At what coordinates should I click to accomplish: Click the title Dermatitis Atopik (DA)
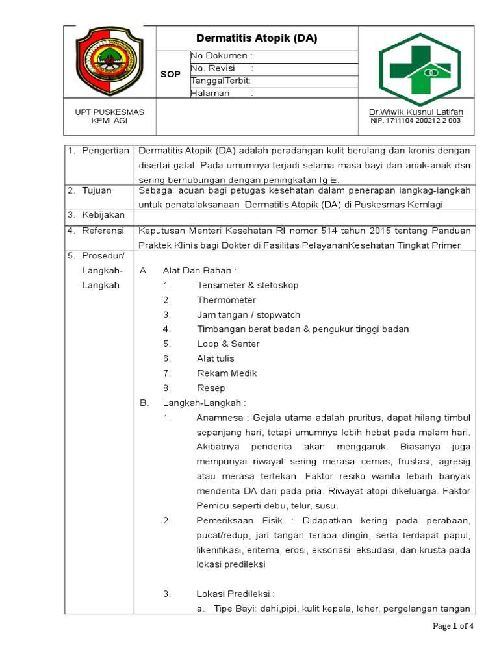(x=257, y=38)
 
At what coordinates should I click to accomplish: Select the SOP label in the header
(x=170, y=75)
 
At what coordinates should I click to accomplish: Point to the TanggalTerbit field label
(x=220, y=81)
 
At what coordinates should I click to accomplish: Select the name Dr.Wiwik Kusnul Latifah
(x=416, y=112)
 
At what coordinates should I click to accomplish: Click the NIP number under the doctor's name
(x=416, y=121)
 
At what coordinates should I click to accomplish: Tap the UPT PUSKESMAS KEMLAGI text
(x=109, y=116)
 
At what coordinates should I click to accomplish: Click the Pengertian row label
(x=104, y=151)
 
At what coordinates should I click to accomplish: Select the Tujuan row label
(x=97, y=190)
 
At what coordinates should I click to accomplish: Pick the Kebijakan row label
(x=102, y=214)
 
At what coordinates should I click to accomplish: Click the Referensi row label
(x=103, y=230)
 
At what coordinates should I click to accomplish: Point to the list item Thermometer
(x=227, y=300)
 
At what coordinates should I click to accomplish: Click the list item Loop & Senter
(x=228, y=344)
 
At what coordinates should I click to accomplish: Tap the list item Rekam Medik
(x=227, y=373)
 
